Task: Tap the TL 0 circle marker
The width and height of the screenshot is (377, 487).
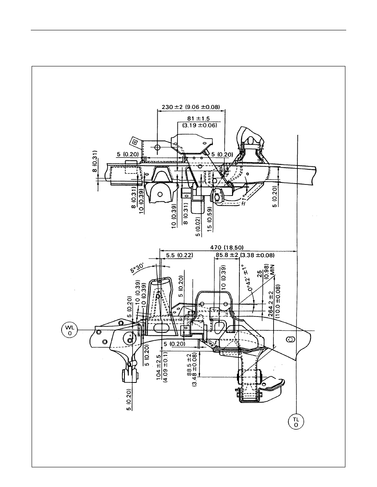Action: (296, 422)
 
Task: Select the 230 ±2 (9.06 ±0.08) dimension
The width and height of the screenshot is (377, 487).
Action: (191, 107)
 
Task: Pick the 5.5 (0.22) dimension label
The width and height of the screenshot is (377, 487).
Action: (179, 255)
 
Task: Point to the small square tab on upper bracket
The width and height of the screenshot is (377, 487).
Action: (135, 142)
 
